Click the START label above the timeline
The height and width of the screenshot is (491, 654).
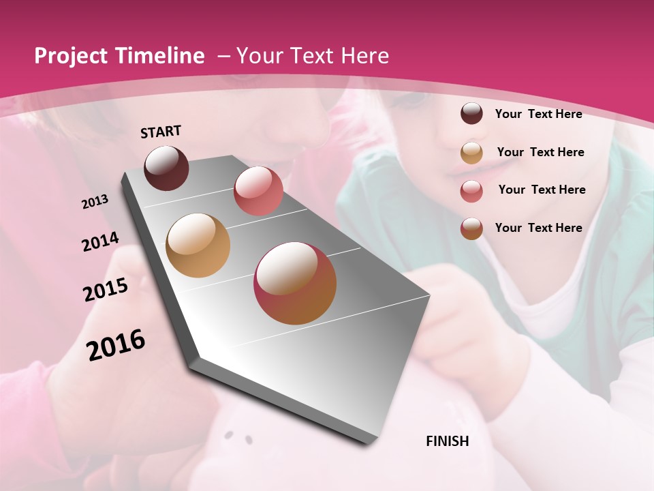coord(161,132)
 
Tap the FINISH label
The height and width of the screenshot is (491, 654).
coord(447,441)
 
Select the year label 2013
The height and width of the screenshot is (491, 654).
coord(95,202)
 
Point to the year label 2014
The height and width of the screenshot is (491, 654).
coord(101,242)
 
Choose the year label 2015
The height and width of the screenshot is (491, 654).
coord(106,290)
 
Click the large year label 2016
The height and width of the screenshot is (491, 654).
coord(116,345)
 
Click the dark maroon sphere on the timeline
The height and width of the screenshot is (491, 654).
coord(166,168)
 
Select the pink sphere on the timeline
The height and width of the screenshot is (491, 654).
coord(258,190)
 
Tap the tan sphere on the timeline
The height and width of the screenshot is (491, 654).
coord(198,245)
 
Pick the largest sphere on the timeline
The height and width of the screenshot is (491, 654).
coord(295,283)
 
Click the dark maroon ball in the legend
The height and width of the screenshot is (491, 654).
coord(471,113)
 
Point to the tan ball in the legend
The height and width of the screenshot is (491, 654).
coord(471,152)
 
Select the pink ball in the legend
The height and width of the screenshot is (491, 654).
coord(471,191)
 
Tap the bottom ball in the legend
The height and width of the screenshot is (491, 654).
coord(471,228)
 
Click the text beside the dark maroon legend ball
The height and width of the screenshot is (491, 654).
coord(538,114)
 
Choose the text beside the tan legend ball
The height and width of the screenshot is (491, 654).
coord(540,152)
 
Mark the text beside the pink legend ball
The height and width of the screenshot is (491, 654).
coord(542,190)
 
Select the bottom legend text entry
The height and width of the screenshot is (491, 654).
coord(538,228)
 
